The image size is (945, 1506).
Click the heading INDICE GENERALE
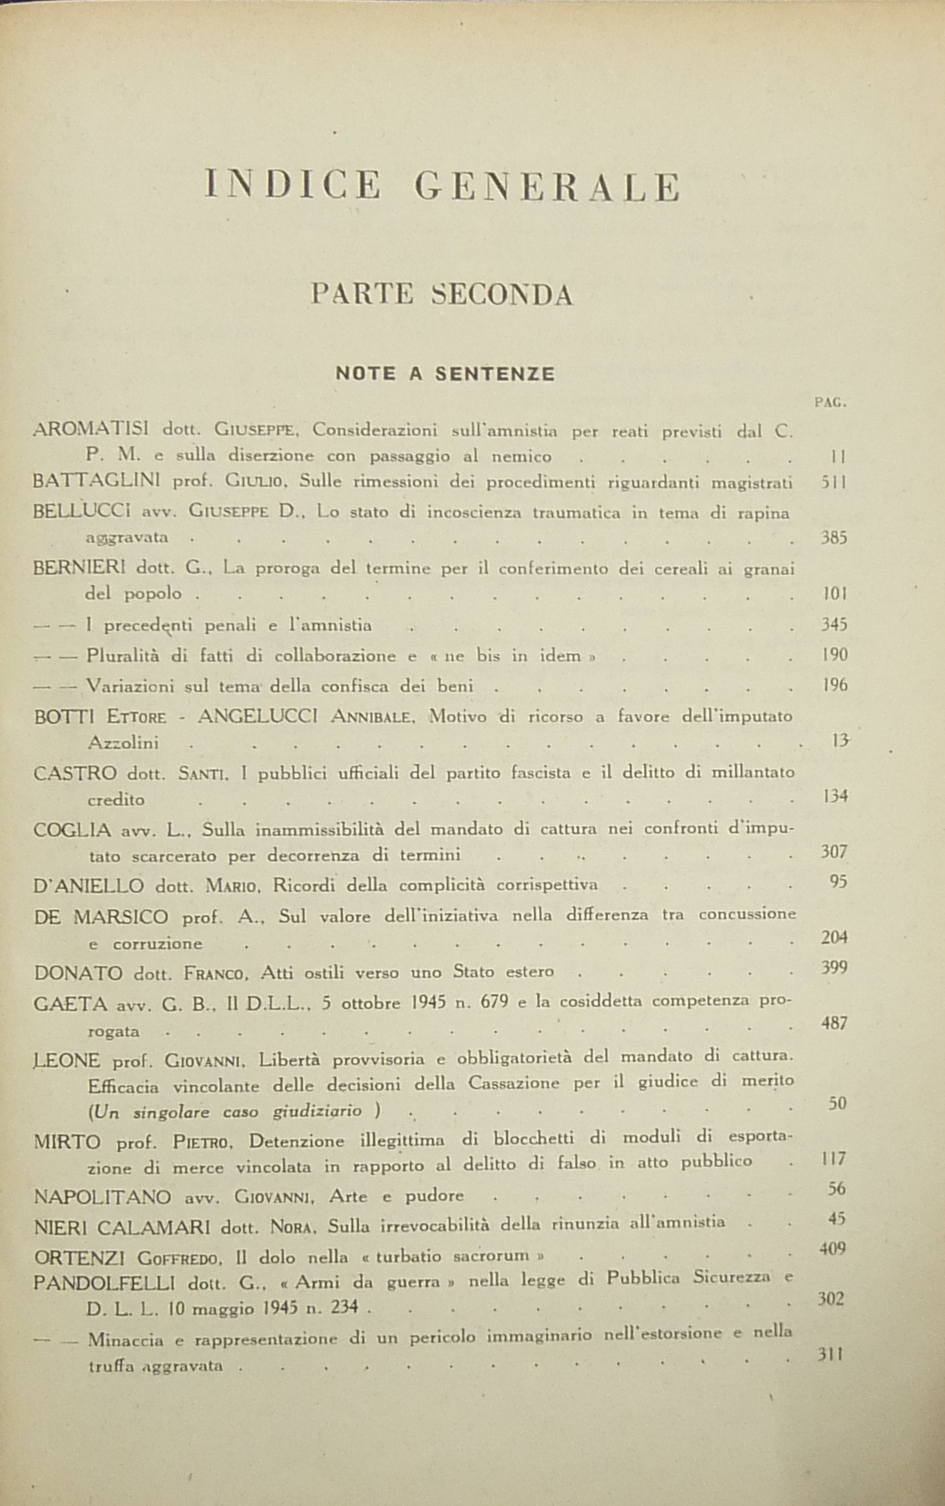pyautogui.click(x=442, y=187)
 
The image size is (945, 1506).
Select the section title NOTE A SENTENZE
pyautogui.click(x=445, y=374)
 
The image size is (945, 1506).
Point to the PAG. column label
pyautogui.click(x=830, y=403)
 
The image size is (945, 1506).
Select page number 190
pyautogui.click(x=835, y=655)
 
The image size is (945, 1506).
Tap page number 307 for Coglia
pyautogui.click(x=834, y=852)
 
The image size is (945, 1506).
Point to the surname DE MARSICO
pyautogui.click(x=101, y=916)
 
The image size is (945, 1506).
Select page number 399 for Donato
pyautogui.click(x=834, y=968)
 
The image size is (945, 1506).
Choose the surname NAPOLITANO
pyautogui.click(x=102, y=1197)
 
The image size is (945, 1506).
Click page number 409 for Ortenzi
pyautogui.click(x=832, y=1248)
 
